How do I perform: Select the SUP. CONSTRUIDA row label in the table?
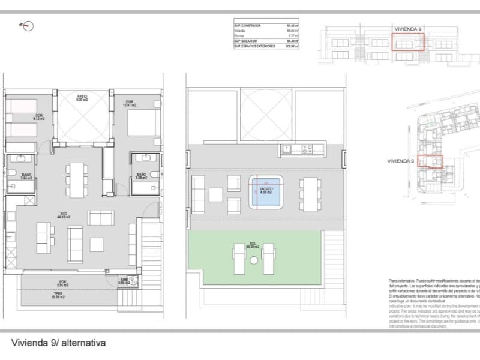click(248, 26)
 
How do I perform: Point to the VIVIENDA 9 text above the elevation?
click(408, 28)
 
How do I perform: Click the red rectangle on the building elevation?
click(408, 42)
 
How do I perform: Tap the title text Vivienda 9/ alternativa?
click(58, 344)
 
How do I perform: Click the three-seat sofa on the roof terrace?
click(199, 189)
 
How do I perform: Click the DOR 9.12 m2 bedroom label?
click(40, 117)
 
